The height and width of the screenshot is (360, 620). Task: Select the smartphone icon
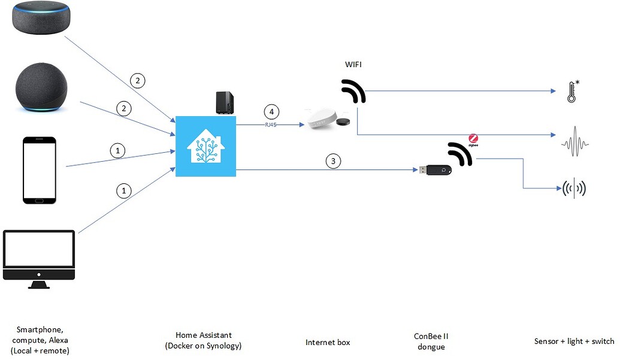point(40,170)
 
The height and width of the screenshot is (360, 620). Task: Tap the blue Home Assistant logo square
point(205,147)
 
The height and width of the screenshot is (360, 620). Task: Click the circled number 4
point(272,112)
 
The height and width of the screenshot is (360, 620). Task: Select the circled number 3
point(333,161)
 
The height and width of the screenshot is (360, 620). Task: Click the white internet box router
point(324,120)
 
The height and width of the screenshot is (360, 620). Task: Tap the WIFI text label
point(354,64)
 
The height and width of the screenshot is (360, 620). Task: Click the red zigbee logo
point(473,138)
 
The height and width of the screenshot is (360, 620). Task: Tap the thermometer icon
point(573,92)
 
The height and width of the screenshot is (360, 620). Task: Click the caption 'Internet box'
point(328,343)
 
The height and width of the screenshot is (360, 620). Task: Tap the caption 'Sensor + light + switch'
point(574,341)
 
